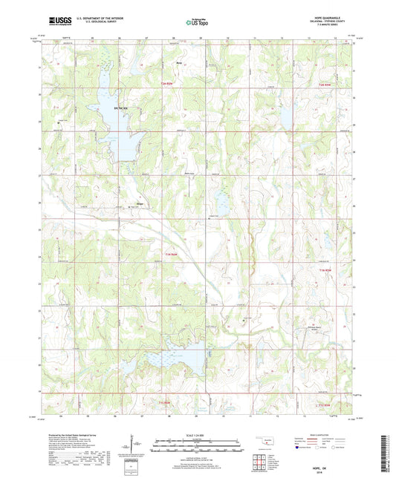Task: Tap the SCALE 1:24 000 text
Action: pos(197,434)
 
